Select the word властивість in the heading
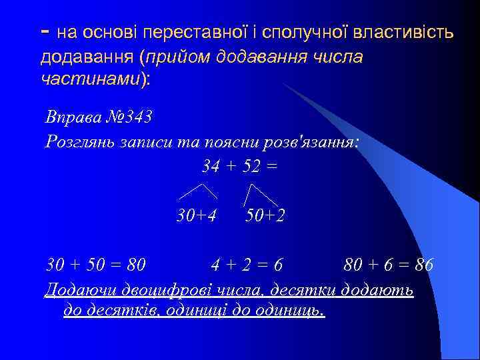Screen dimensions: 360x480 412,33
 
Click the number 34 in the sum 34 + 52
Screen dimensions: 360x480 211,165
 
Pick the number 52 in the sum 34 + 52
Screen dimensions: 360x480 251,165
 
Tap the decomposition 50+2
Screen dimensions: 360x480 265,215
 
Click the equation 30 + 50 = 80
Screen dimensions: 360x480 96,265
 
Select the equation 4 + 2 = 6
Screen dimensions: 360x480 247,265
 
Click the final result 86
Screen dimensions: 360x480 423,265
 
